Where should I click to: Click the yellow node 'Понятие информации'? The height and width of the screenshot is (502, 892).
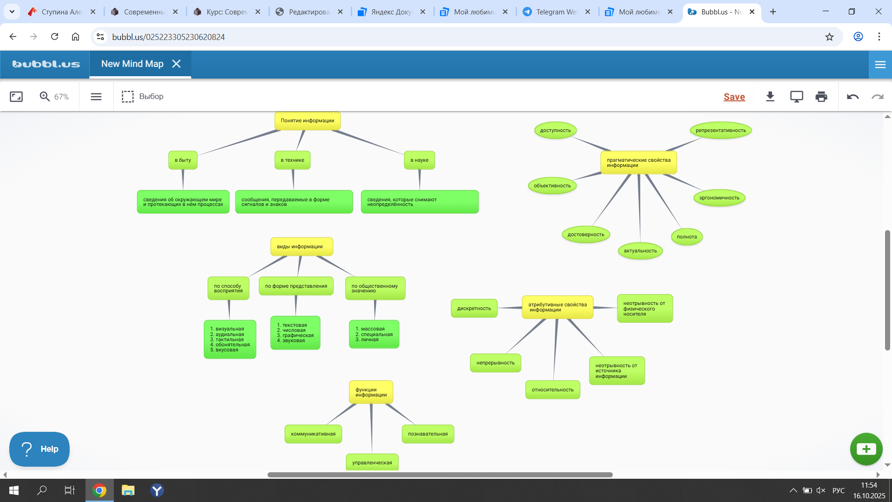(308, 121)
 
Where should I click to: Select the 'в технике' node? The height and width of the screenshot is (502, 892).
(292, 160)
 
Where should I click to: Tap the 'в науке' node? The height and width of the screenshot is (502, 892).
(419, 160)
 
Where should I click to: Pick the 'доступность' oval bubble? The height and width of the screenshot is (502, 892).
(555, 131)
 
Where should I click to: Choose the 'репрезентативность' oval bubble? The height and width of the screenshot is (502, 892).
(721, 131)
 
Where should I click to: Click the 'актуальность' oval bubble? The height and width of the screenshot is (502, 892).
(640, 251)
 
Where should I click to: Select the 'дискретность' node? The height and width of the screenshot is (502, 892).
(474, 309)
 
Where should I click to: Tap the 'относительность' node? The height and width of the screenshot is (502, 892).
(552, 390)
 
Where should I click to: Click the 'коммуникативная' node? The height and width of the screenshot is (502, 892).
(313, 434)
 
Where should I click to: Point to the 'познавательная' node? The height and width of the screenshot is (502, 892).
(428, 434)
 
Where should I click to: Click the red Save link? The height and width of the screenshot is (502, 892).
(734, 97)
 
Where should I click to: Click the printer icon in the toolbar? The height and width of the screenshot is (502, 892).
(821, 97)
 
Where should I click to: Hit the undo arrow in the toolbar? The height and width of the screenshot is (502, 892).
(853, 97)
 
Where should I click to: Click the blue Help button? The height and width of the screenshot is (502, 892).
(39, 449)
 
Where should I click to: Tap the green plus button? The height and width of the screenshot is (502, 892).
(866, 449)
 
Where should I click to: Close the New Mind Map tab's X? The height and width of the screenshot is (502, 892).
(177, 64)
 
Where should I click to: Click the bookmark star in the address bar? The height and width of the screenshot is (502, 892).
(829, 37)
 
